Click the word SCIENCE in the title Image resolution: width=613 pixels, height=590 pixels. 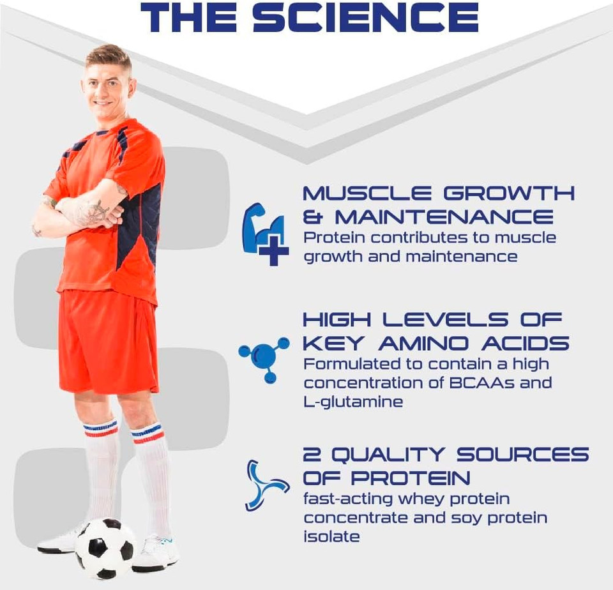click(x=366, y=18)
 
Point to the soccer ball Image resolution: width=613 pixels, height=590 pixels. click(x=105, y=548)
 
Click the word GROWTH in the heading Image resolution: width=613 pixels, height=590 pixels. click(x=509, y=193)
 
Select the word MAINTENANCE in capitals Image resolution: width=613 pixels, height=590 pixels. click(x=444, y=217)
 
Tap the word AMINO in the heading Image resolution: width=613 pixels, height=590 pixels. click(x=423, y=344)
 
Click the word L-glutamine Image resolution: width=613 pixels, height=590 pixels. click(x=353, y=402)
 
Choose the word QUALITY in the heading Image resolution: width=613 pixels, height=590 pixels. click(x=388, y=455)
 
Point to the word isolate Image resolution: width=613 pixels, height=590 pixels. click(x=331, y=536)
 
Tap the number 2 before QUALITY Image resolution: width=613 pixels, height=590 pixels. click(x=312, y=455)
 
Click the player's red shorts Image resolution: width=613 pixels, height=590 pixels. click(x=108, y=342)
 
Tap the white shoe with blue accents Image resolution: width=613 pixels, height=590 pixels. click(x=156, y=553)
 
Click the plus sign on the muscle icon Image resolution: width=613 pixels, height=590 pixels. click(x=274, y=250)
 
